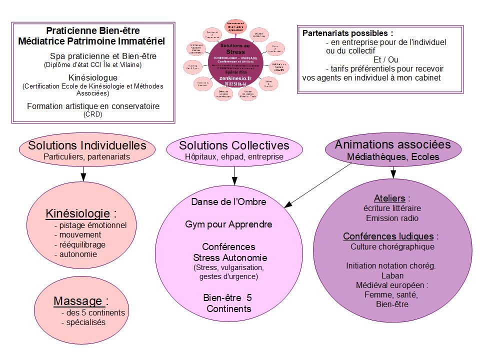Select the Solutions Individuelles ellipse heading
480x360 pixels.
(x=87, y=145)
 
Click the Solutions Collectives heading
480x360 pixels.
(x=234, y=145)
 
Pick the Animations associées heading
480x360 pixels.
(x=392, y=144)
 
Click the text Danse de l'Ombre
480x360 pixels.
(x=228, y=202)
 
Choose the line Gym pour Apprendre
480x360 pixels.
(x=228, y=224)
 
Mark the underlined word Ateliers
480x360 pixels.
(x=389, y=198)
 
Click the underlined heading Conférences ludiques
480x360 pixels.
(x=388, y=236)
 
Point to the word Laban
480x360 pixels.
(x=392, y=276)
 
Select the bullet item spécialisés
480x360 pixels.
(x=83, y=322)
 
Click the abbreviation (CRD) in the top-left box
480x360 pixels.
(x=93, y=114)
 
